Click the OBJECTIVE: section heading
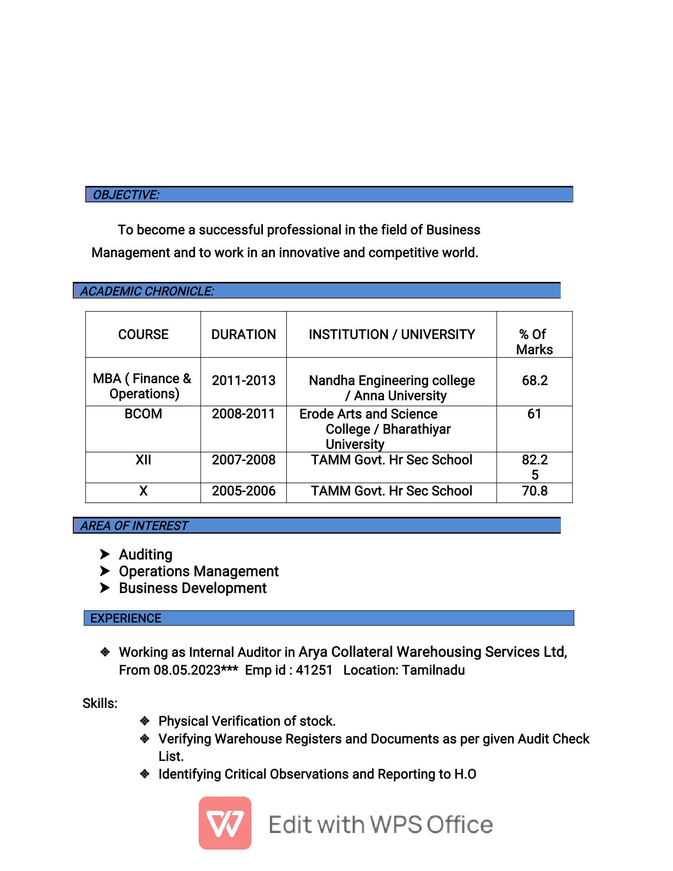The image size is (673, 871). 126,195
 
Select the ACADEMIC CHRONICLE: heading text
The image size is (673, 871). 147,291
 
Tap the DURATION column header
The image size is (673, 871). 243,334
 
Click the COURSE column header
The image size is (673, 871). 143,334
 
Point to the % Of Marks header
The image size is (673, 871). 534,342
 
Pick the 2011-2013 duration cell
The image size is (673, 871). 243,380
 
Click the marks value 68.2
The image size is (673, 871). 535,380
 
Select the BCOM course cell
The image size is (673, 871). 143,414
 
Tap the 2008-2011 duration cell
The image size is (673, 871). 243,414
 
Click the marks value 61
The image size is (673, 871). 534,414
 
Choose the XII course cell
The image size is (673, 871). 143,460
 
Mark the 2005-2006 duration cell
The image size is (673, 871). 243,491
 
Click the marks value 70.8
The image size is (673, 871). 535,491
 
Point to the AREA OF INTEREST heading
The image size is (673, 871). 134,526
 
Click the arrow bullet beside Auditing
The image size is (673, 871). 105,554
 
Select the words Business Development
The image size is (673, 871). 192,588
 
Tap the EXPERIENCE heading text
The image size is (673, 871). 125,618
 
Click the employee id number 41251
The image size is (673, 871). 314,670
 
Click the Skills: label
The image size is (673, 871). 100,704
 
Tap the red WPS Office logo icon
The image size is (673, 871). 225,823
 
